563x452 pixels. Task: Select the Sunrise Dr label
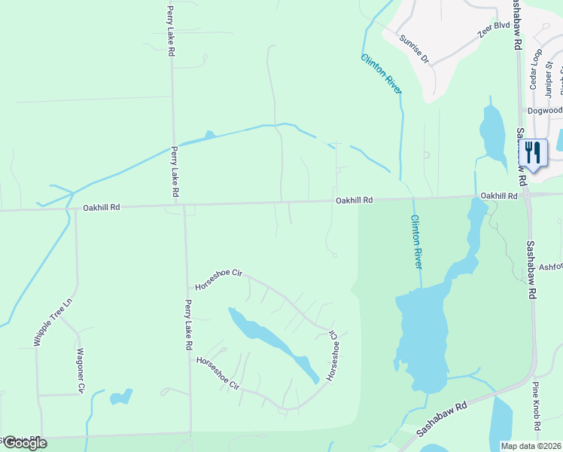click(414, 49)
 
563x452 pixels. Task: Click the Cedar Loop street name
click(536, 69)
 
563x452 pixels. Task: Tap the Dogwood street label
click(544, 110)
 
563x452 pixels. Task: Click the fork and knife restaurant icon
click(532, 153)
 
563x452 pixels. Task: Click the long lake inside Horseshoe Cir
click(274, 343)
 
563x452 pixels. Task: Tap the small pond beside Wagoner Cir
click(120, 397)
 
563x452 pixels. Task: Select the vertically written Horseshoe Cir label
click(332, 356)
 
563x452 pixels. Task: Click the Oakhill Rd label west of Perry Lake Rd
click(102, 207)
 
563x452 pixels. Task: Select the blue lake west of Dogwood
click(492, 133)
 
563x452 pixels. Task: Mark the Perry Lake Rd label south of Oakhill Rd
click(188, 325)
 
